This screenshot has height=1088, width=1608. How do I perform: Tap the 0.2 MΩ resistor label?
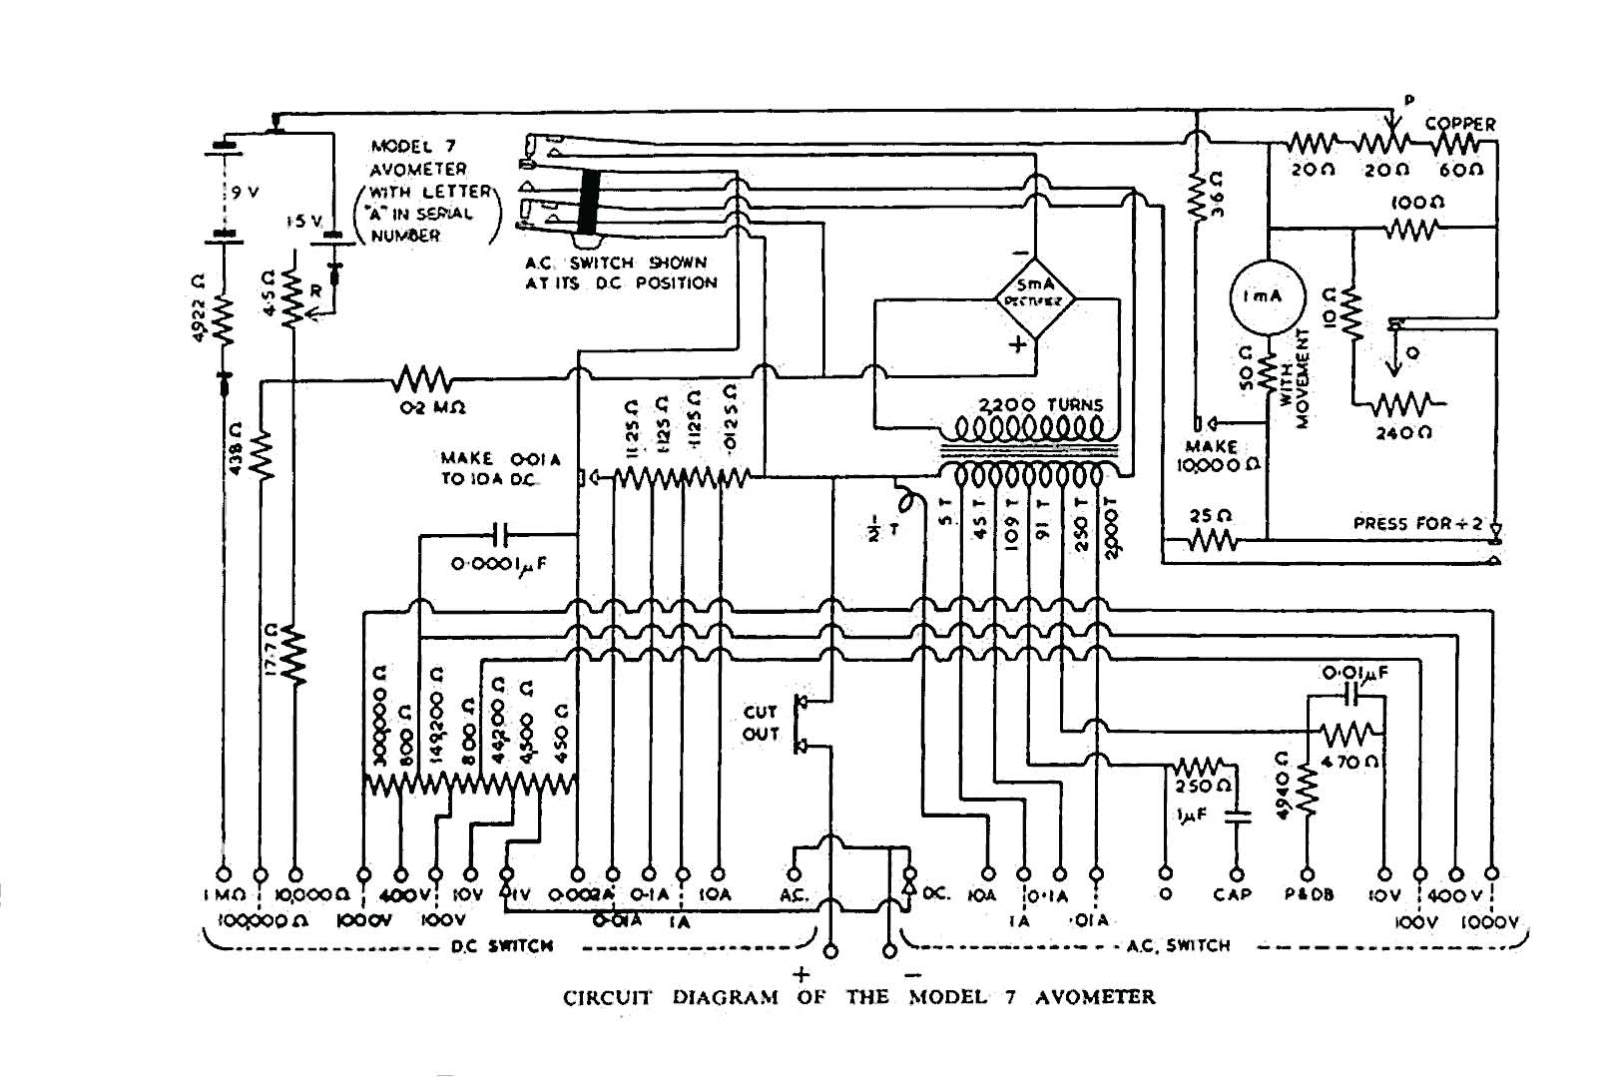[x=426, y=407]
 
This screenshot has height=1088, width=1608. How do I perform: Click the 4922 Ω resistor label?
[x=197, y=303]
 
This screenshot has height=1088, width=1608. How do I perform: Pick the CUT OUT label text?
[x=761, y=723]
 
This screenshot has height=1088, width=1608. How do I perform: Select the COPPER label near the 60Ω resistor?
[x=1459, y=124]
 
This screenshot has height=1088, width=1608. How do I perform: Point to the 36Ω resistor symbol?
[x=1196, y=200]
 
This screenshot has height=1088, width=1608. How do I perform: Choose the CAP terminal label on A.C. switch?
[x=1233, y=895]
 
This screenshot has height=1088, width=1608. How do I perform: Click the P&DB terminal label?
[x=1308, y=895]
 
